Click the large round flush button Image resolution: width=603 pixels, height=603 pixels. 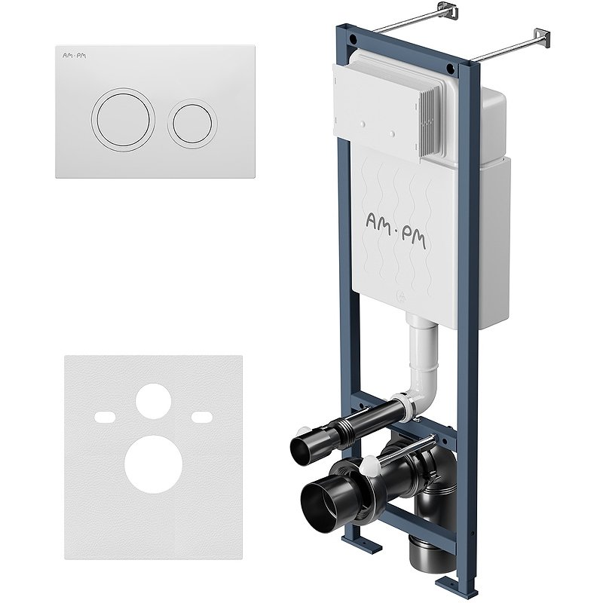123,119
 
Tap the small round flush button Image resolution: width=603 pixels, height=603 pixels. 192,123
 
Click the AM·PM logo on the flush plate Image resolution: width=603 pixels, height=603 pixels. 74,56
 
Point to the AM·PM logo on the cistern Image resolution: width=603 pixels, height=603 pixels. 395,230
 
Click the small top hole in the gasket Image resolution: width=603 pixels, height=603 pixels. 153,401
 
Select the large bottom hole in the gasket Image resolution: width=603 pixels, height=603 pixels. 153,464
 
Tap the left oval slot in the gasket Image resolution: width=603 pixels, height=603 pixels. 105,416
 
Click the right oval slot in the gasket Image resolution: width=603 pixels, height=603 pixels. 201,416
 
